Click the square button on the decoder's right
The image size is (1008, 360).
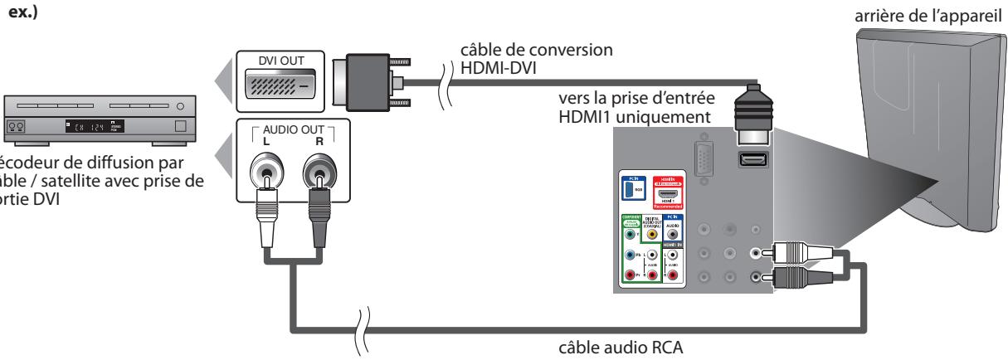click(182, 127)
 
